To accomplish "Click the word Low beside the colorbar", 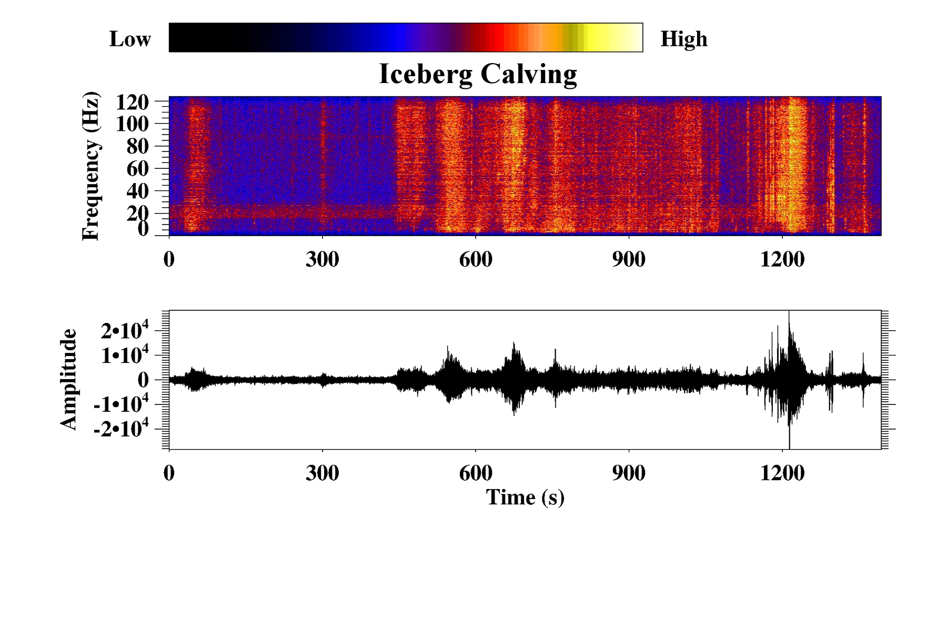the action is [130, 39].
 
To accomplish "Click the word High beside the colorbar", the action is [684, 39].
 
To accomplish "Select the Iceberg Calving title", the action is [478, 75].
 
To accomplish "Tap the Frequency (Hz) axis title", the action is [90, 166].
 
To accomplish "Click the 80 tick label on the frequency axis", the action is [138, 146].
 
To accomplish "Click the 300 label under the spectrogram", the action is [322, 259].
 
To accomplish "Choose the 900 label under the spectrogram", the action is [629, 259].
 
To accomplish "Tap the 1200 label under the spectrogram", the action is [782, 259].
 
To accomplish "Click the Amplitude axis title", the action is [69, 379].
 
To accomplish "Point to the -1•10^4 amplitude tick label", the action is [122, 403].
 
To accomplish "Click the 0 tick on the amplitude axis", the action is [143, 380].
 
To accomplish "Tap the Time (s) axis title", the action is [525, 497].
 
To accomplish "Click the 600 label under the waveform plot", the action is [476, 473].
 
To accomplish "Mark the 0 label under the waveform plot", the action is [169, 473].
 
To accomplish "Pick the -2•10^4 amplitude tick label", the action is [122, 429].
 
